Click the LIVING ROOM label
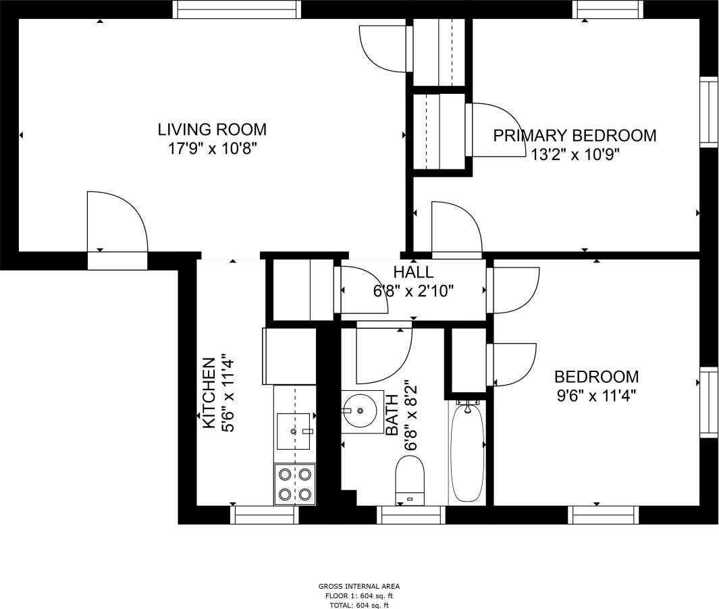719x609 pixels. point(212,129)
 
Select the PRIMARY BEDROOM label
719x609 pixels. point(575,136)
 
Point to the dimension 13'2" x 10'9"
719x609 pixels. point(575,155)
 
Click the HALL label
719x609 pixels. point(413,272)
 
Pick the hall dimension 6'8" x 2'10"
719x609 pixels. point(413,291)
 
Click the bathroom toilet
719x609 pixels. point(409,480)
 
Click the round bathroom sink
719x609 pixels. point(361,411)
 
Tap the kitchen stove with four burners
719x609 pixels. point(295,484)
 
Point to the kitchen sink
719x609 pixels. point(294,430)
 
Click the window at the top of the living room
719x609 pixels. point(236,9)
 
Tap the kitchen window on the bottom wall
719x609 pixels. point(264,514)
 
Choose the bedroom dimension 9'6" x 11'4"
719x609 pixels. point(596,396)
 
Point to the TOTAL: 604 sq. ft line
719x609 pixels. point(359,605)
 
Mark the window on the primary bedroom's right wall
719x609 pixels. point(708,112)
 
